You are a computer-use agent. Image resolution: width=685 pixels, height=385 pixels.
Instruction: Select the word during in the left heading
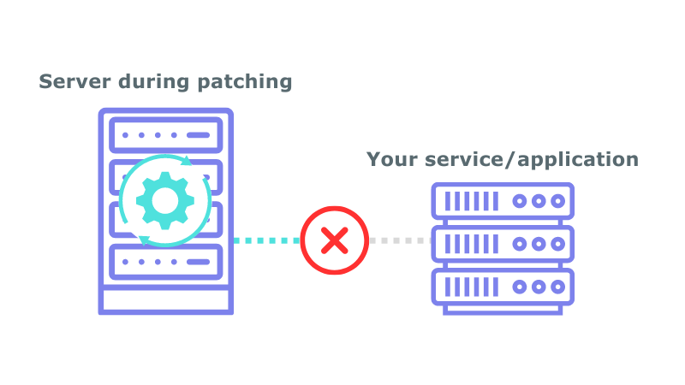coord(156,82)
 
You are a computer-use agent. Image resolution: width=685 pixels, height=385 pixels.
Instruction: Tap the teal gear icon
coord(164,199)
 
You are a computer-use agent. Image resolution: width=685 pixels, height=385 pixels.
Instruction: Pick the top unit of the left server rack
coord(165,135)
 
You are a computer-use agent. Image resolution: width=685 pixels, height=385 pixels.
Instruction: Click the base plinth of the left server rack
coord(165,299)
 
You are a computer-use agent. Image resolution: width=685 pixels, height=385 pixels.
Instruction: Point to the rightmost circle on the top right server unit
coord(558,201)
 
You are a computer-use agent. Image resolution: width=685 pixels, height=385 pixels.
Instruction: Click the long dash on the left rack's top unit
coord(197,135)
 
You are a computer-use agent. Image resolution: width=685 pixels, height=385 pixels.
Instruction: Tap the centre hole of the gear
coord(164,199)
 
